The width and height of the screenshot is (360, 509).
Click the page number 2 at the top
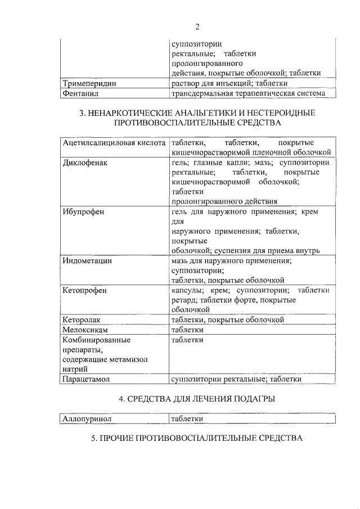point(197,26)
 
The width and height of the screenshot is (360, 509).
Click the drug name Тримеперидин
point(89,83)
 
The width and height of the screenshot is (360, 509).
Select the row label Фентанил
point(82,93)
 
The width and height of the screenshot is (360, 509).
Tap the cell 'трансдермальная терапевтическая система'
point(248,93)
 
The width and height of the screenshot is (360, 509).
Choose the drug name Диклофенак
point(85,163)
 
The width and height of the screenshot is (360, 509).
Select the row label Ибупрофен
point(84,211)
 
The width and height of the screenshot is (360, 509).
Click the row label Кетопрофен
point(85,290)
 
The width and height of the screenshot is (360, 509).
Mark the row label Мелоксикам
point(85,330)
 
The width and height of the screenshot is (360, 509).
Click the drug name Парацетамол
point(87,379)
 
